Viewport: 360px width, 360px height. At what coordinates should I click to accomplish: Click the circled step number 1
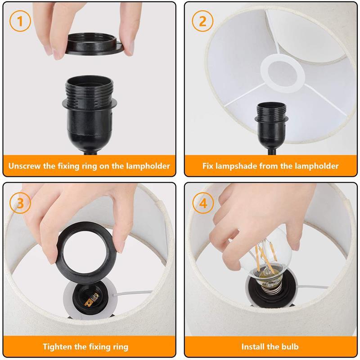click(20, 21)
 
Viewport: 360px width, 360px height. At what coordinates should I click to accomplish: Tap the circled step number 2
click(202, 21)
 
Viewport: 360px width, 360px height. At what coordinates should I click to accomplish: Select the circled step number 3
click(20, 203)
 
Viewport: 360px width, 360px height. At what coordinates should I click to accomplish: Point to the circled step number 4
click(203, 203)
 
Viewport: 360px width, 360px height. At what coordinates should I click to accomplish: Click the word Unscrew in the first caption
click(24, 166)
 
